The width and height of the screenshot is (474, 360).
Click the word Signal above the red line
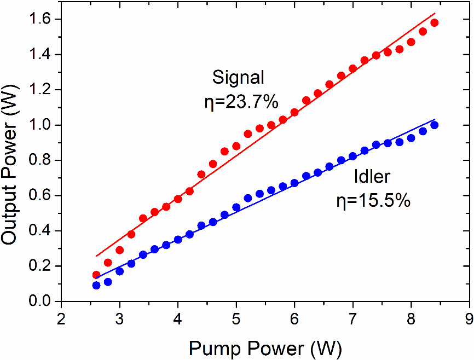pyautogui.click(x=239, y=78)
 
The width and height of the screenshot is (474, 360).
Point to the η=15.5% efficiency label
pyautogui.click(x=373, y=201)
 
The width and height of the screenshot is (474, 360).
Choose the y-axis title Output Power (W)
pyautogui.click(x=12, y=160)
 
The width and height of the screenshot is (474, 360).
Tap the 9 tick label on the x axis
pyautogui.click(x=469, y=318)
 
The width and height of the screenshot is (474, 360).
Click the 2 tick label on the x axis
pyautogui.click(x=61, y=318)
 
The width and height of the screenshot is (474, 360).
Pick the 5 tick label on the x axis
pyautogui.click(x=236, y=318)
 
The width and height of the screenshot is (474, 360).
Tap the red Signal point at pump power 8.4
pyautogui.click(x=435, y=23)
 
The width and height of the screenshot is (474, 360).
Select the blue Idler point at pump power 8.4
pyautogui.click(x=435, y=125)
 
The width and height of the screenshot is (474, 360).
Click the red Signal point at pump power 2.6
pyautogui.click(x=96, y=275)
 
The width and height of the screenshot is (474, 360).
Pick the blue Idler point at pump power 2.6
pyautogui.click(x=96, y=285)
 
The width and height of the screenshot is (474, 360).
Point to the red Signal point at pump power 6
pyautogui.click(x=294, y=112)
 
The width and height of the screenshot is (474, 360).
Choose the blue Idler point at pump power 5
pyautogui.click(x=236, y=207)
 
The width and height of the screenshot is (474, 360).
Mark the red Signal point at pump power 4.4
pyautogui.click(x=201, y=175)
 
